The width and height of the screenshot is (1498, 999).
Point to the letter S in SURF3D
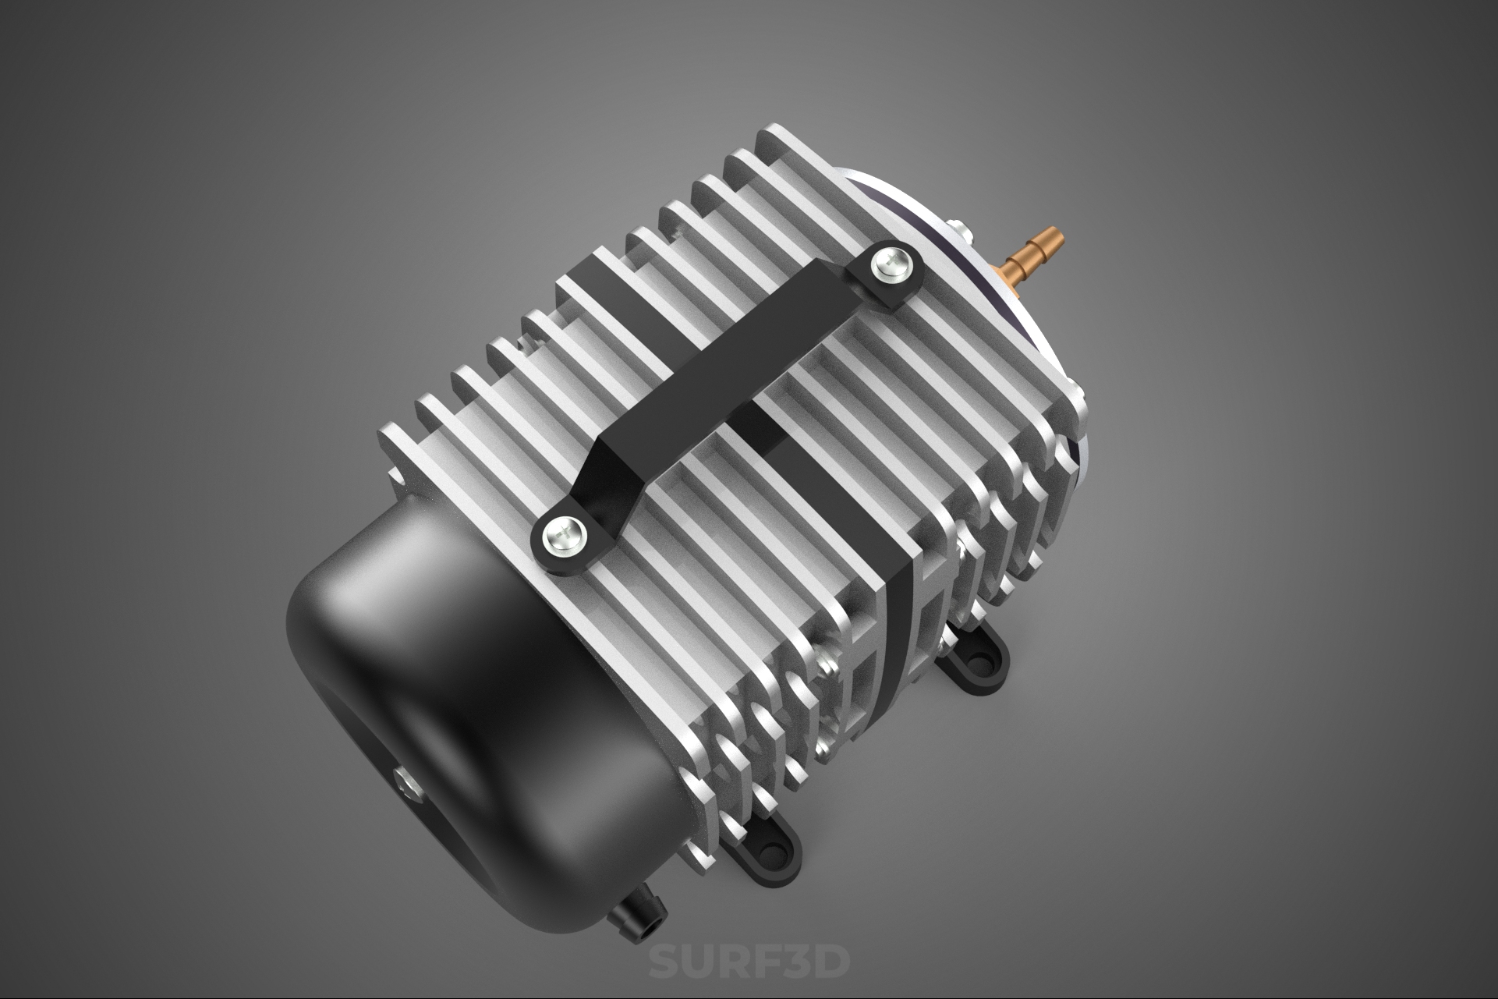(664, 961)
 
